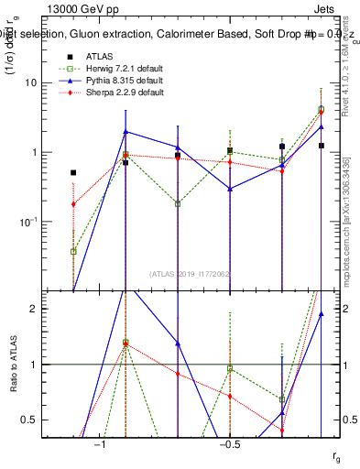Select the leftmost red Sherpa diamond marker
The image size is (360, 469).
(x=73, y=204)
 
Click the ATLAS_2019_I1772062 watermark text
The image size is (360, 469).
(x=191, y=272)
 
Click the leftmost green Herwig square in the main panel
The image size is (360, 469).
(x=73, y=251)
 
